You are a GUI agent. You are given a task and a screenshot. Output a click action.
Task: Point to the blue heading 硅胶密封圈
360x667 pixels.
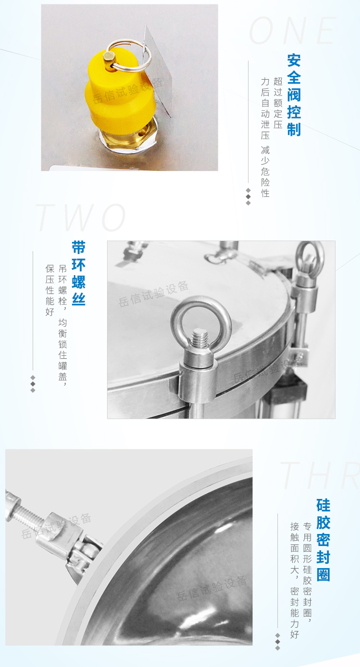(323, 540)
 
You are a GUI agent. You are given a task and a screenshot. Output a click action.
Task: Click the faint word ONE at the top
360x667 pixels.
(293, 31)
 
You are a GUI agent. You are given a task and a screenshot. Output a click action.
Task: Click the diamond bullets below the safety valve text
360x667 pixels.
(248, 196)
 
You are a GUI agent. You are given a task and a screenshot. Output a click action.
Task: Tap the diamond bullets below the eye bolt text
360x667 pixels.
(33, 383)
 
